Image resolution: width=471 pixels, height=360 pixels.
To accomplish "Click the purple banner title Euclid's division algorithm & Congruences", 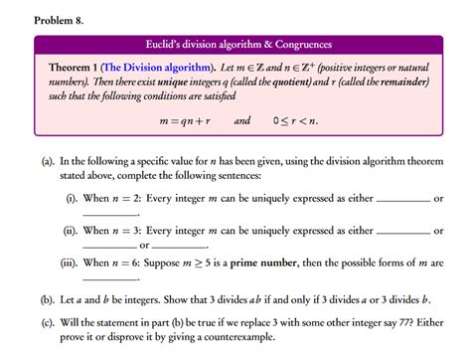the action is (x=238, y=45).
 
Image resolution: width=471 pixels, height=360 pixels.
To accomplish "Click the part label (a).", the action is (x=48, y=160).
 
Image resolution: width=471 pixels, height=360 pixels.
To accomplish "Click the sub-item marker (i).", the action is (x=72, y=199).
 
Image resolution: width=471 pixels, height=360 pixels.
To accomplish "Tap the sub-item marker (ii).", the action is (x=71, y=232).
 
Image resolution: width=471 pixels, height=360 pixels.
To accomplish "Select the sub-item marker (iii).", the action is (x=70, y=265).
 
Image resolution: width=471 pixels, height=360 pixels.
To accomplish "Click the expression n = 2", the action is (x=126, y=199).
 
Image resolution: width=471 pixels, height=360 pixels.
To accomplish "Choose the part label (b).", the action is (x=48, y=298).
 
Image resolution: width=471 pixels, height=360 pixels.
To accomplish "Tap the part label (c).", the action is (x=48, y=321).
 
